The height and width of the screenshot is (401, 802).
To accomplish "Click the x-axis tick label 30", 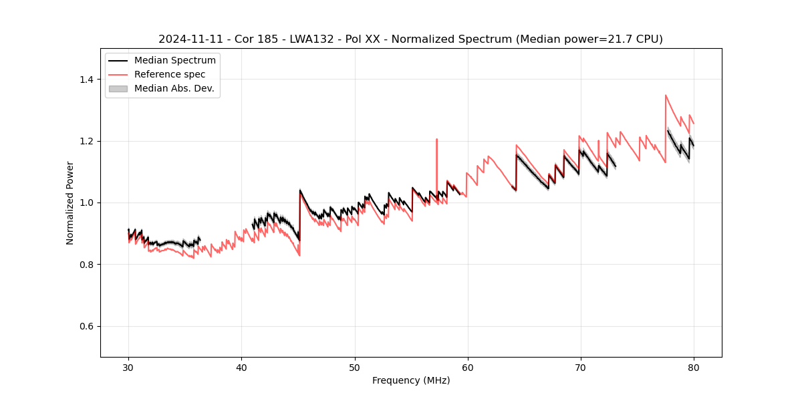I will [x=128, y=367].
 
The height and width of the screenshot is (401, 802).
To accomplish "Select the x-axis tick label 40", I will [x=241, y=367].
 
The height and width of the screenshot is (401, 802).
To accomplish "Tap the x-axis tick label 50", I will [x=355, y=367].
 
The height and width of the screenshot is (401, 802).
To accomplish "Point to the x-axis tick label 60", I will [x=468, y=367].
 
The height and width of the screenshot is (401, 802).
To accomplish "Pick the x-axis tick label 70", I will [x=581, y=367].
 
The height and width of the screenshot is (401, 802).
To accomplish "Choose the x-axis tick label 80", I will [x=694, y=367].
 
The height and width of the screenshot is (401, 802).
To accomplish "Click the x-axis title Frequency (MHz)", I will [x=411, y=380].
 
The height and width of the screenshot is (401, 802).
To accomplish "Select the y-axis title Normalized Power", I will [x=70, y=203].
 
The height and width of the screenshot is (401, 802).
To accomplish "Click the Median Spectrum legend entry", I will [x=174, y=61].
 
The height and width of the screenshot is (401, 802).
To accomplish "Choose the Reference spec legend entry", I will [x=170, y=74].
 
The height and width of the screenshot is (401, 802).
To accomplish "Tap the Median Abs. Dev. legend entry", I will [x=174, y=88].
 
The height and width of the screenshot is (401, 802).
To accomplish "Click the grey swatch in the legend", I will [x=118, y=88].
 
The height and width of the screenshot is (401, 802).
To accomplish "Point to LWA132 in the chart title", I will [x=312, y=39].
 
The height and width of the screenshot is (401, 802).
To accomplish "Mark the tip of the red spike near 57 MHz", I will [x=436, y=139].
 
